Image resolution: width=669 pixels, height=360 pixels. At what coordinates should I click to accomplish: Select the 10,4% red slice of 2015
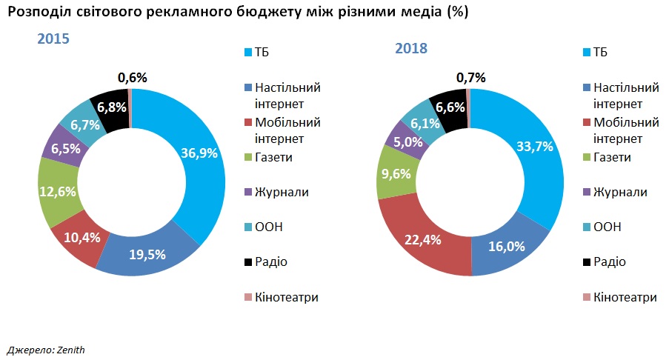tap(80, 239)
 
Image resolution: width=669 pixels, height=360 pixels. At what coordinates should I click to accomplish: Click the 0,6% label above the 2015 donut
tap(133, 77)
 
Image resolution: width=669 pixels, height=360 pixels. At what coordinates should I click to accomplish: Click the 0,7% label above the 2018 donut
tap(471, 77)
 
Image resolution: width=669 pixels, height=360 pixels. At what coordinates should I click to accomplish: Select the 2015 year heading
tap(53, 39)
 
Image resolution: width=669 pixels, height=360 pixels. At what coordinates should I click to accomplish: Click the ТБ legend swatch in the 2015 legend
tap(248, 53)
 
